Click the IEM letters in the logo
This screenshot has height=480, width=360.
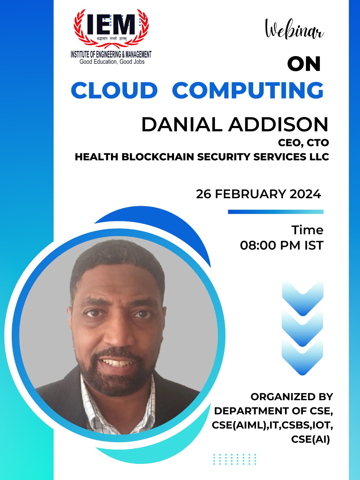click(x=111, y=25)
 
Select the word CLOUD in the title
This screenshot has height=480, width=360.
click(x=114, y=90)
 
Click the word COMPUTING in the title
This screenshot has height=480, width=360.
click(x=248, y=90)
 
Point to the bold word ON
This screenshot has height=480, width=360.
click(x=304, y=64)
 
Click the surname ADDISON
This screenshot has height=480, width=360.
click(x=279, y=124)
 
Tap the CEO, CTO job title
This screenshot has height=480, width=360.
click(x=303, y=143)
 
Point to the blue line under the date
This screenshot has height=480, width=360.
click(x=276, y=212)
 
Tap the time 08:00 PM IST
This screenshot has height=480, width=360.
click(x=281, y=245)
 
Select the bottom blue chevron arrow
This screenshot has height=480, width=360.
click(x=303, y=358)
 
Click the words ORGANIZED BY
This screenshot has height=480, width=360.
click(x=292, y=397)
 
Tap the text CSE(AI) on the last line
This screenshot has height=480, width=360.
click(x=310, y=439)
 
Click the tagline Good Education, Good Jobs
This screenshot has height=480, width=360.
click(x=112, y=62)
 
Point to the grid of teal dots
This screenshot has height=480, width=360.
click(x=235, y=459)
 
